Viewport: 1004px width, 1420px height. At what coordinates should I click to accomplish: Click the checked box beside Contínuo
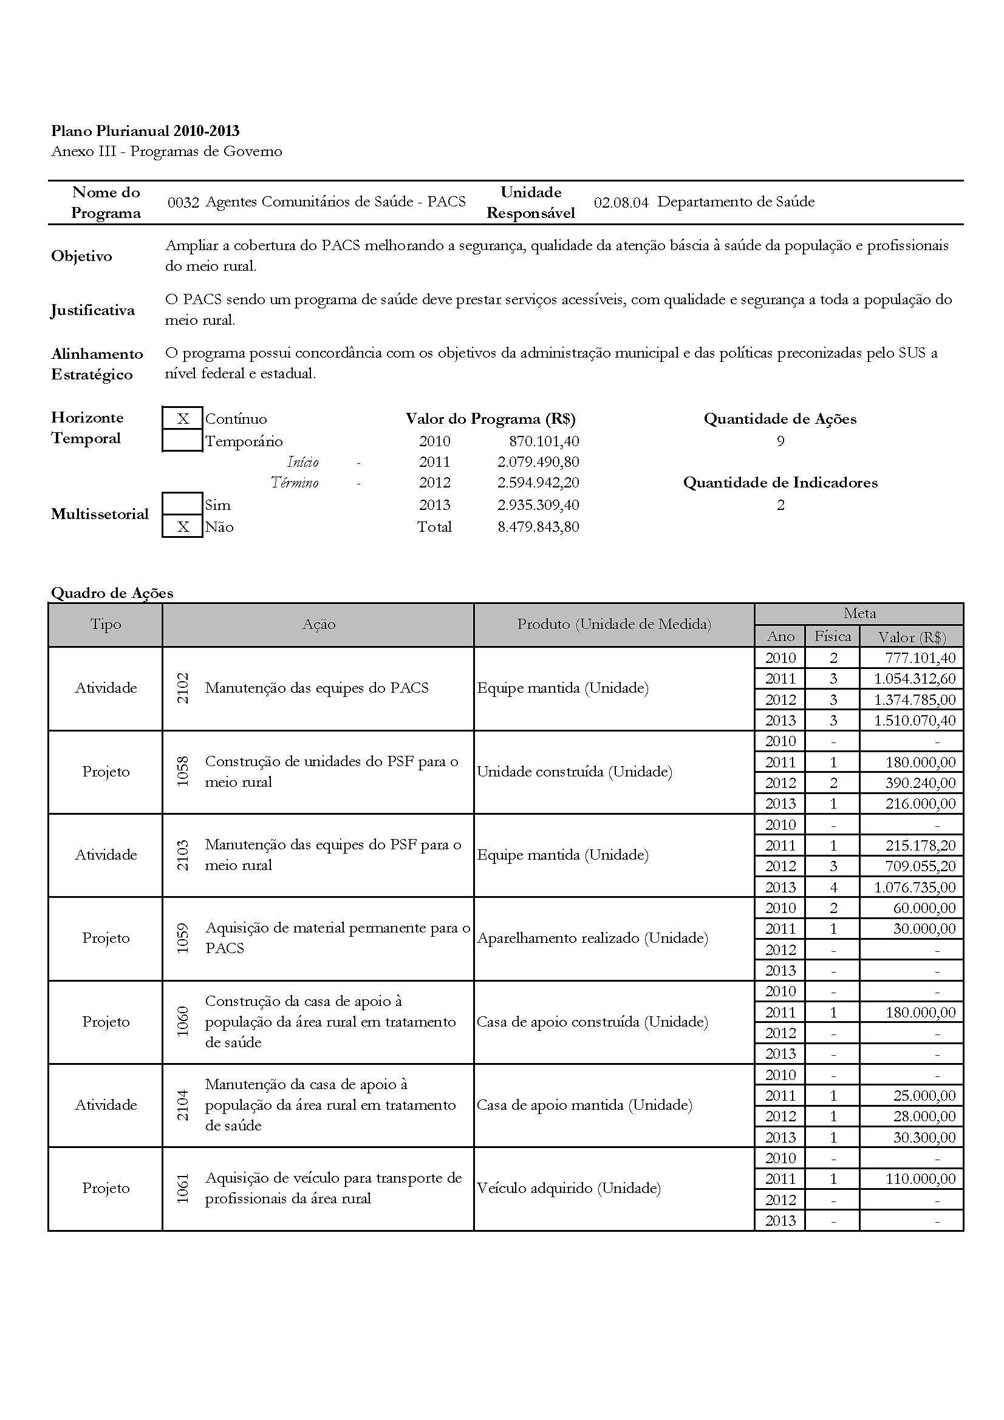click(x=182, y=419)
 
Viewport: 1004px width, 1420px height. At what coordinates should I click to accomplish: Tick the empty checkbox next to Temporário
click(x=182, y=441)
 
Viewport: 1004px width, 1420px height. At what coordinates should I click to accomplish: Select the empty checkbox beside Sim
click(x=182, y=504)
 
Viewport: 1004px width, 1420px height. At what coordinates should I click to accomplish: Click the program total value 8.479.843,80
click(x=538, y=527)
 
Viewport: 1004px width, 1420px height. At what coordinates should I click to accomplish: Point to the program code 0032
click(x=183, y=202)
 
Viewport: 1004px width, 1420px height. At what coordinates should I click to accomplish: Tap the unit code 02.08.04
click(x=621, y=202)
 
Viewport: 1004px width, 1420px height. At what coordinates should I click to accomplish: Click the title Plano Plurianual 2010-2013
click(x=145, y=131)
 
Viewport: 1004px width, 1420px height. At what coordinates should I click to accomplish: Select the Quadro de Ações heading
click(x=112, y=593)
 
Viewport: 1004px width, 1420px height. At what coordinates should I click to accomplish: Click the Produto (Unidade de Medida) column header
click(x=613, y=624)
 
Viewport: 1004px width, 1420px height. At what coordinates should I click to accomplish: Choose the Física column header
click(x=832, y=636)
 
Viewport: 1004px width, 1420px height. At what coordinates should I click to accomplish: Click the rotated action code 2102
click(x=183, y=688)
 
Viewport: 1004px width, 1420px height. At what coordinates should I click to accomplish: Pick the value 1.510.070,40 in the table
click(x=914, y=721)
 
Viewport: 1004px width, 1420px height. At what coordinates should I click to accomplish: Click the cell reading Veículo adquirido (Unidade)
click(x=569, y=1188)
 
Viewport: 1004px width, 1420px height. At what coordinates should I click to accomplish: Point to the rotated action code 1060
click(x=183, y=1022)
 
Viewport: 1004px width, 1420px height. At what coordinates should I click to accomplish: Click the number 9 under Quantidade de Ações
click(x=780, y=441)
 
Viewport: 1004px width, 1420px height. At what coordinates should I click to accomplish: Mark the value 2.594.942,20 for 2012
click(x=538, y=483)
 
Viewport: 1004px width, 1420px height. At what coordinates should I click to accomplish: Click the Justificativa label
click(x=93, y=310)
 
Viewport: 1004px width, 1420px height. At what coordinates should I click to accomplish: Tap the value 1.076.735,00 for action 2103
click(x=914, y=888)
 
